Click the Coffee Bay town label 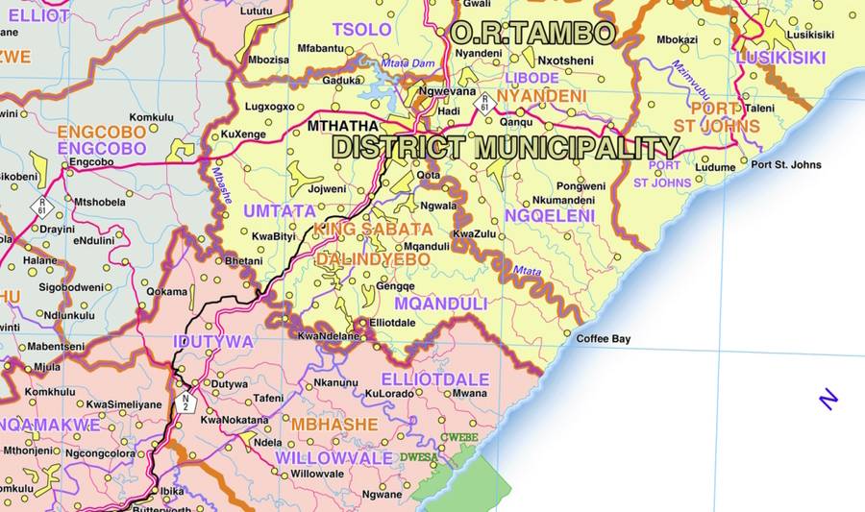(603, 339)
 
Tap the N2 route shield (186, 402)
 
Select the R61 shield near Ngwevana (486, 103)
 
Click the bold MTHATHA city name (343, 126)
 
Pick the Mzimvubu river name (689, 85)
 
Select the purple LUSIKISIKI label (779, 58)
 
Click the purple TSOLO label (361, 30)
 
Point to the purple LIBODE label (531, 77)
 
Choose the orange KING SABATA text (373, 230)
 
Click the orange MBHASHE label (334, 424)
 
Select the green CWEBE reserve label (458, 438)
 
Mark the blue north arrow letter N (828, 400)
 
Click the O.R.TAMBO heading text (533, 34)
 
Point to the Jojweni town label (325, 189)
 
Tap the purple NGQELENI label (550, 216)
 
